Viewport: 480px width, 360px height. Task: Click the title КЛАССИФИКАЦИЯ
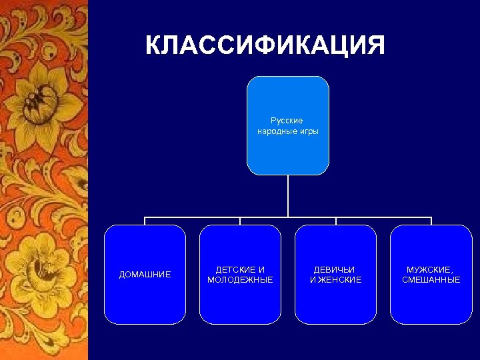click(x=265, y=46)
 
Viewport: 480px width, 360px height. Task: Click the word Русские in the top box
click(x=287, y=121)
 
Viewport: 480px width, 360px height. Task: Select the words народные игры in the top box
click(x=288, y=131)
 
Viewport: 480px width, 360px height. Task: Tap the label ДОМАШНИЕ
click(x=145, y=275)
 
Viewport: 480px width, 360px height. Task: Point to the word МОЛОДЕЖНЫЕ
click(x=240, y=280)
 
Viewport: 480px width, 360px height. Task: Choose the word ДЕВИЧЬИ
click(x=335, y=269)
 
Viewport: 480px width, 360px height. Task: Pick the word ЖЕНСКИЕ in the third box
click(x=339, y=280)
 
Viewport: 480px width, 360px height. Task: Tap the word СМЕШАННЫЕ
click(x=431, y=280)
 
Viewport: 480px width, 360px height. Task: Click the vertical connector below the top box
click(x=288, y=196)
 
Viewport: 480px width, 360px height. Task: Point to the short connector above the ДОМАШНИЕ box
click(x=145, y=221)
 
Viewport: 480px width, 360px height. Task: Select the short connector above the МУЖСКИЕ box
click(x=431, y=221)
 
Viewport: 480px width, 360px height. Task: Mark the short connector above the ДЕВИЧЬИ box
click(x=336, y=221)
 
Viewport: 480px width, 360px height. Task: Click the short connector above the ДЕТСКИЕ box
click(x=240, y=221)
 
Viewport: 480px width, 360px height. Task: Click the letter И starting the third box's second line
click(x=312, y=280)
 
